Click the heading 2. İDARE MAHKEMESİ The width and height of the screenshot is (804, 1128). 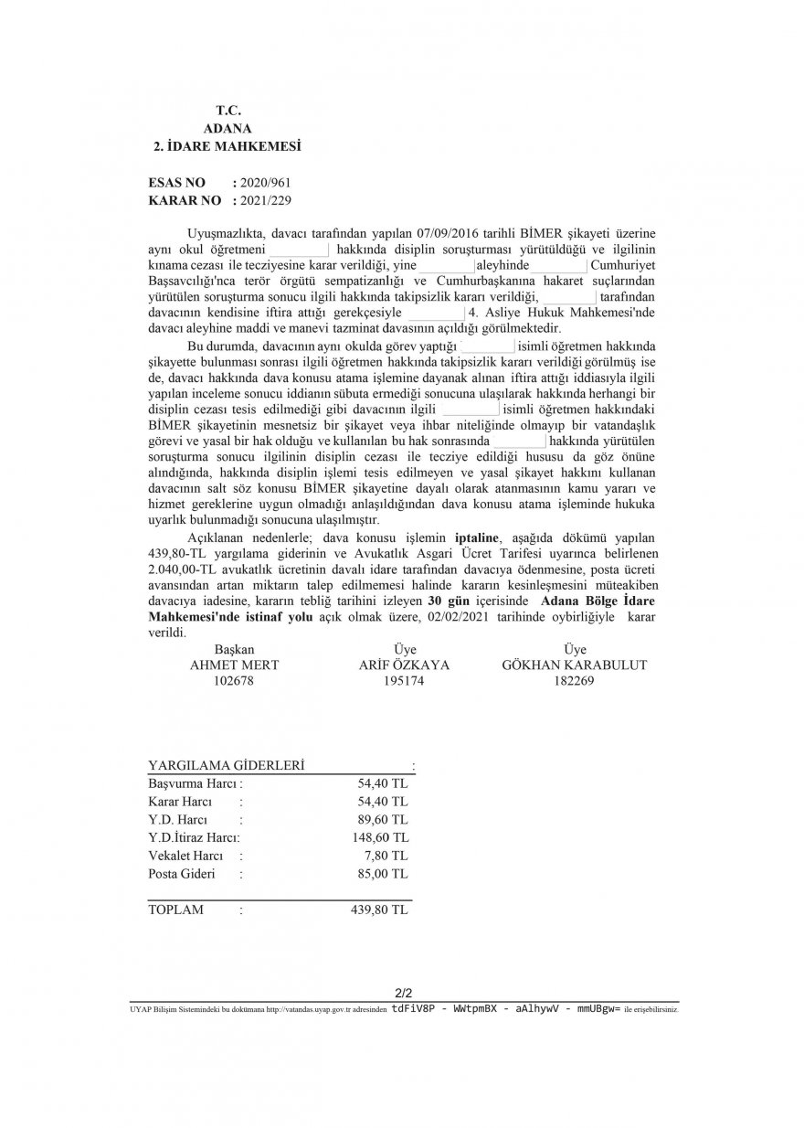tap(227, 145)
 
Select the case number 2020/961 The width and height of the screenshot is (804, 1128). tap(266, 183)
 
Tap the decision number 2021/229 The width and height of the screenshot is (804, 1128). tap(266, 198)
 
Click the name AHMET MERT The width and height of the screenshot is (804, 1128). tap(234, 665)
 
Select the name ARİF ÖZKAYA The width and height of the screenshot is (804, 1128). tap(404, 665)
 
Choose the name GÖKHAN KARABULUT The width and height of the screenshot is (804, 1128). tap(575, 665)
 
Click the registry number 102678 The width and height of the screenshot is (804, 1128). tap(234, 680)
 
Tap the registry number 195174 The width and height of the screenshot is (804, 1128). tap(404, 680)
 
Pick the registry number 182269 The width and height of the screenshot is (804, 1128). tap(575, 680)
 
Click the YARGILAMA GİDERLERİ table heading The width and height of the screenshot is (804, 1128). tap(227, 765)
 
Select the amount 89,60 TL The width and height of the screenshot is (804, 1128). tap(384, 819)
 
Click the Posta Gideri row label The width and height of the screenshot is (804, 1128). tap(181, 874)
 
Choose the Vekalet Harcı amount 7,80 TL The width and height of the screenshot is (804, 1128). tap(386, 856)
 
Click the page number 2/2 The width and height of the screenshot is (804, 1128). tap(403, 992)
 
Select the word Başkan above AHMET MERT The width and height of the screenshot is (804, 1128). tap(234, 649)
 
